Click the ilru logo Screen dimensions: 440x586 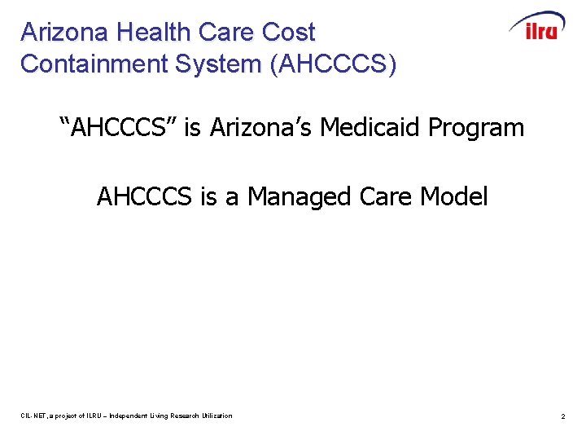pos(537,26)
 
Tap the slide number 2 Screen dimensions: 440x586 pos(562,416)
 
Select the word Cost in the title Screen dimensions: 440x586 pos(288,33)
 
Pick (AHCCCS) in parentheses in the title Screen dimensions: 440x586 pos(334,64)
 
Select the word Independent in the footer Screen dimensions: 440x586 pos(135,416)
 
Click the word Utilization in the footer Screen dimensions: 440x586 pos(217,416)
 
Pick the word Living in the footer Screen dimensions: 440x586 pos(162,416)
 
